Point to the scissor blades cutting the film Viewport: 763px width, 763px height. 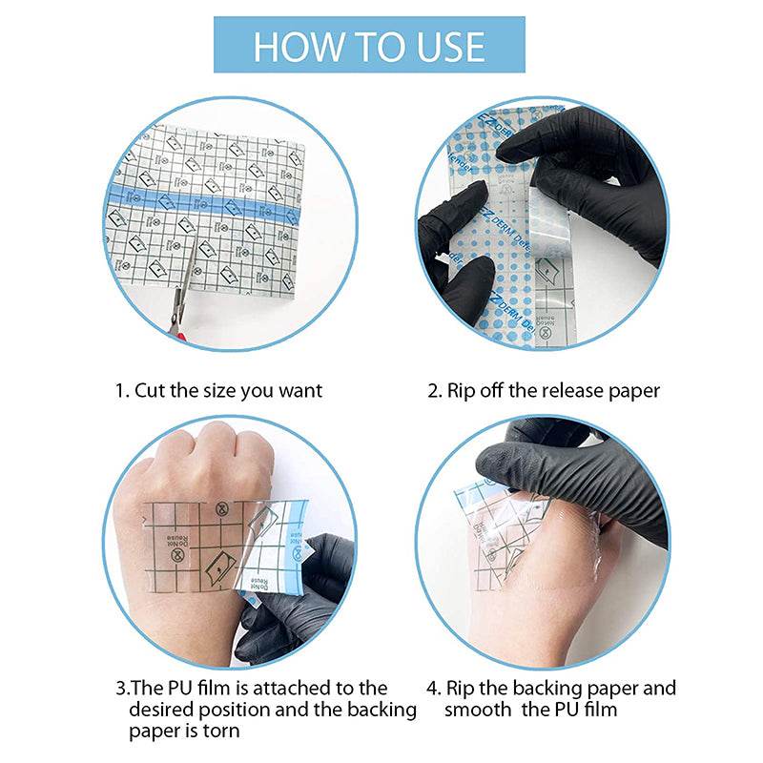[191, 267]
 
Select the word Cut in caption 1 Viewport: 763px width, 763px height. [153, 390]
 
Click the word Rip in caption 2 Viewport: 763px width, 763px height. [461, 390]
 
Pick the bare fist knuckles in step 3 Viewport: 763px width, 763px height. [205, 458]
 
